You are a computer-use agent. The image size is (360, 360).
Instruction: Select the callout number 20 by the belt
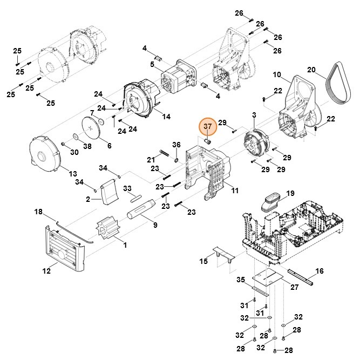[x=311, y=70]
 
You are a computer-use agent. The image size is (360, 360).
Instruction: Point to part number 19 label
[x=290, y=193]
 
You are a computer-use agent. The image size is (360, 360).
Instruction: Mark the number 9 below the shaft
[x=155, y=225]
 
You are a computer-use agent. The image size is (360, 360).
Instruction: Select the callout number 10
[x=277, y=74]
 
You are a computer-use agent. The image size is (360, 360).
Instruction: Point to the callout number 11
[x=234, y=190]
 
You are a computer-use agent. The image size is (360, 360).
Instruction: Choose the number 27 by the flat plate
[x=294, y=287]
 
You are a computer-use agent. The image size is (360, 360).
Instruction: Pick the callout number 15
[x=203, y=261]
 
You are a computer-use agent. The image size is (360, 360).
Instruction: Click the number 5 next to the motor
[x=153, y=64]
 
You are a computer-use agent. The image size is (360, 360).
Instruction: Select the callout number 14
[x=166, y=117]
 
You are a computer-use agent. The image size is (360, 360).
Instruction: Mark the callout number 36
[x=176, y=145]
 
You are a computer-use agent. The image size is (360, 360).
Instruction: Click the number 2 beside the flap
[x=89, y=199]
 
